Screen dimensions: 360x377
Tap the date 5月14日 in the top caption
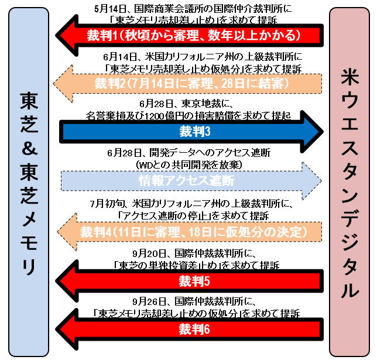[109, 8]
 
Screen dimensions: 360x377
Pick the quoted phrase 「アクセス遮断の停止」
[154, 215]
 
